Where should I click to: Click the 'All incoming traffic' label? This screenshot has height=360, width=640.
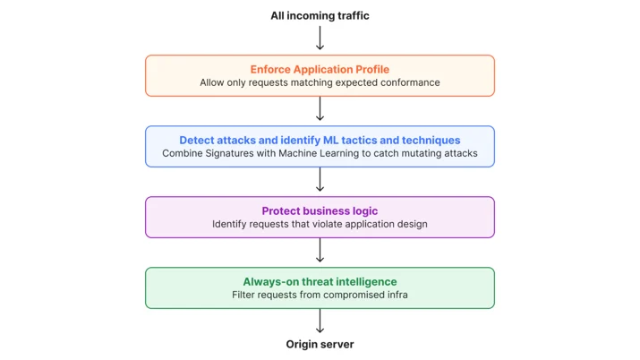point(320,15)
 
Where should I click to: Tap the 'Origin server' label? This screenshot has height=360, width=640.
point(320,344)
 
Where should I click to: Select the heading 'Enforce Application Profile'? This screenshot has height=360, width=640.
point(320,69)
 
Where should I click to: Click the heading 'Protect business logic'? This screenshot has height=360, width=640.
point(320,210)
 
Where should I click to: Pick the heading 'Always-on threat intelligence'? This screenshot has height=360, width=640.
point(320,281)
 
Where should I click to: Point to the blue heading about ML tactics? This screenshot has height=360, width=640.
point(320,140)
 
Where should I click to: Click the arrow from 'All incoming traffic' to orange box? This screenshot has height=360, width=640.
point(320,38)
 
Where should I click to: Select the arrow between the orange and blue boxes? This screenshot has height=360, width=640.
point(320,108)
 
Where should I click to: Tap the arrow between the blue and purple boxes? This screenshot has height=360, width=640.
point(320,179)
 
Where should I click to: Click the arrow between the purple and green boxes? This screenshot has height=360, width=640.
point(320,250)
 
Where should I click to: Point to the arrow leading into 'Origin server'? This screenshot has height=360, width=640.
point(320,321)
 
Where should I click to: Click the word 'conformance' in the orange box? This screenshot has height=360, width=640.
point(410,82)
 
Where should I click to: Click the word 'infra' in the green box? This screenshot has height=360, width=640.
point(397,295)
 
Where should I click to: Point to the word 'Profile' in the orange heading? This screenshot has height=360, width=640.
point(372,69)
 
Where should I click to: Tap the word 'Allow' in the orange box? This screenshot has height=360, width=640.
point(212,82)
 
